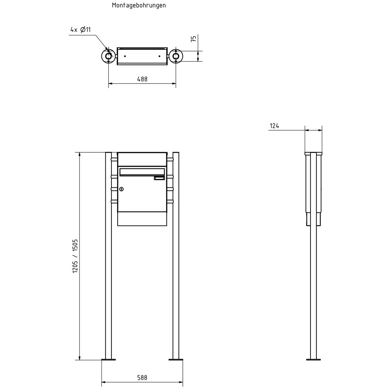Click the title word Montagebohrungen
click(x=139, y=6)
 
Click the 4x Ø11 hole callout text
click(x=80, y=30)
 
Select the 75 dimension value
click(x=194, y=39)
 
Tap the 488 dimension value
click(x=142, y=79)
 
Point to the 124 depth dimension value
click(x=275, y=126)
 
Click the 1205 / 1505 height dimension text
click(x=75, y=256)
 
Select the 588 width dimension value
click(x=142, y=378)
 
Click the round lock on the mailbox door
click(x=121, y=189)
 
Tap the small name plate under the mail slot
click(x=159, y=178)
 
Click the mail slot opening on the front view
click(x=142, y=172)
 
